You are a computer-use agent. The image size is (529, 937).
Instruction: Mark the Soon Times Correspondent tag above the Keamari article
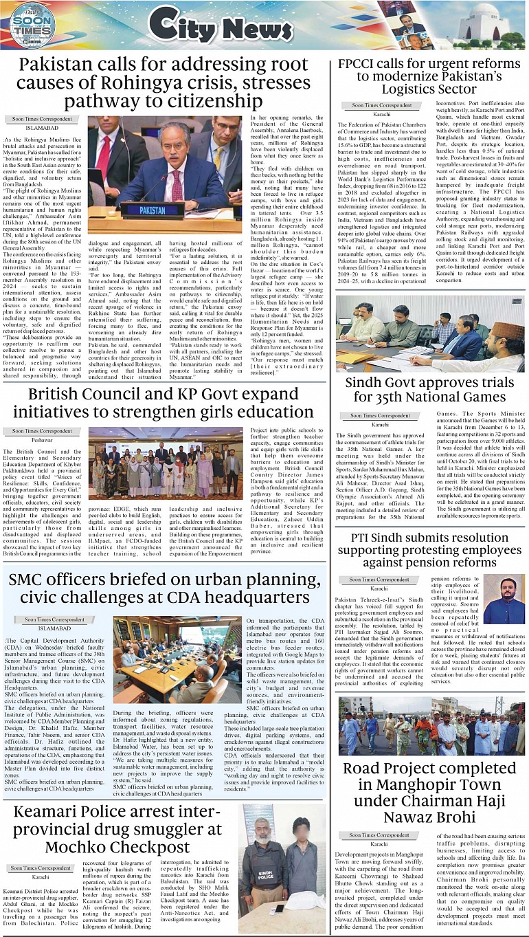coord(42,868)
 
